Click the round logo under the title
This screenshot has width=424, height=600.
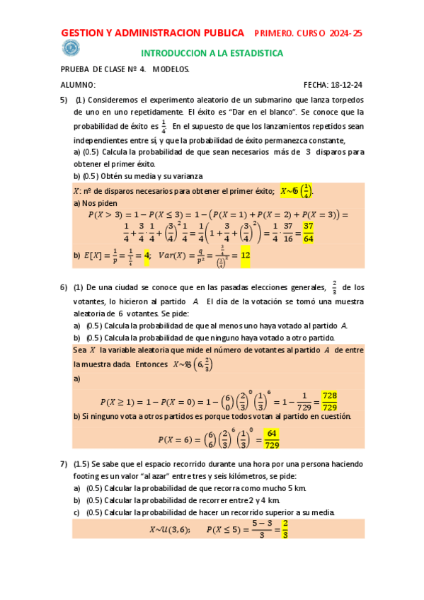(71, 47)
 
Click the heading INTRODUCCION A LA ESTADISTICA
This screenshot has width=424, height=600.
(212, 53)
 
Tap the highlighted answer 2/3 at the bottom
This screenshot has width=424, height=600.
(285, 529)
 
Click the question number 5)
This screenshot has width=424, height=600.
(64, 100)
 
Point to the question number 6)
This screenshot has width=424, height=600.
(64, 287)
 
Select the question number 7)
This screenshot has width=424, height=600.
(64, 463)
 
